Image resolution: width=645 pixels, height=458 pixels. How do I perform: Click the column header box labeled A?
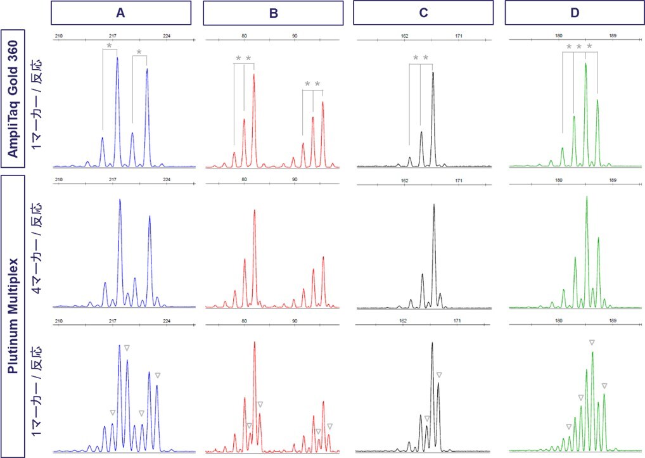point(120,13)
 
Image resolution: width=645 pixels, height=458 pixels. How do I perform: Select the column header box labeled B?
point(274,13)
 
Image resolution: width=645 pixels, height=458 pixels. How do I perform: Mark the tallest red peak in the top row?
point(254,75)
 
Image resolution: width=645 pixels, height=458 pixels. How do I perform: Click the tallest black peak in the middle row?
point(433,205)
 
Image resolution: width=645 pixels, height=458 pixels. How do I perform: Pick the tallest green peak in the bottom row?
point(593,353)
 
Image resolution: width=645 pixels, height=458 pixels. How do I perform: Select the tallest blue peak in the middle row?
point(120,200)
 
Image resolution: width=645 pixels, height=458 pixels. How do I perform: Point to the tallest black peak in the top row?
point(433,73)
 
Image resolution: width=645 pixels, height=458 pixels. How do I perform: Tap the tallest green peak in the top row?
point(585,64)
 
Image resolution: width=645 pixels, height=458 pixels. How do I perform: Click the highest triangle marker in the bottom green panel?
point(592,342)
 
